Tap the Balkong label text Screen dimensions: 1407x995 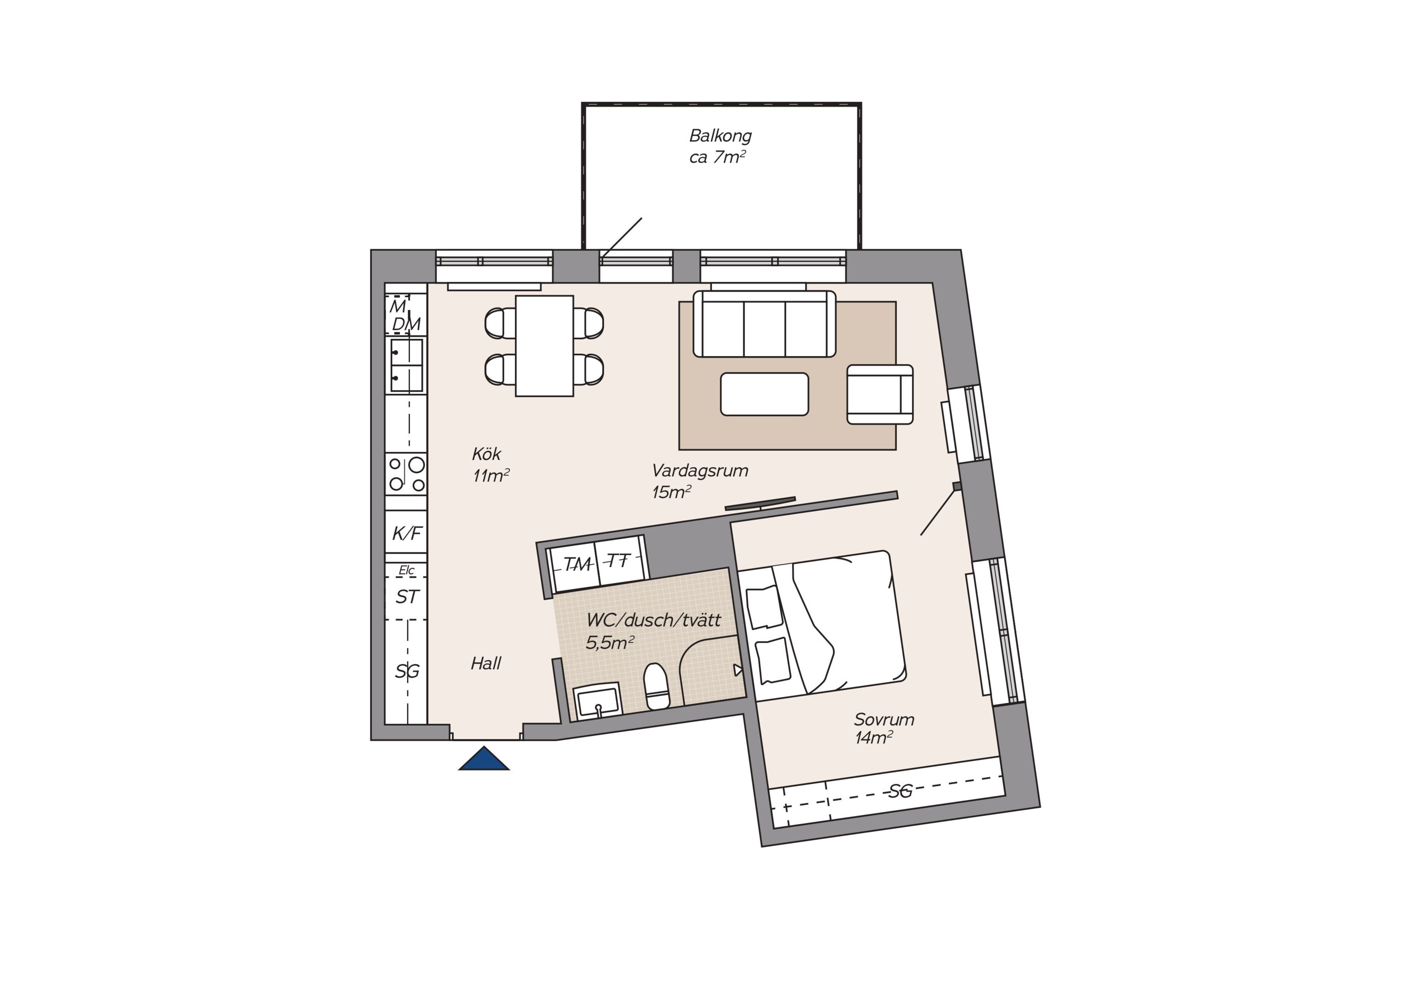(x=720, y=135)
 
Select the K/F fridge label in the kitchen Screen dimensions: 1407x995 (x=407, y=533)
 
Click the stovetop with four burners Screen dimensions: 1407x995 (x=407, y=474)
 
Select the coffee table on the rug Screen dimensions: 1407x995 (x=764, y=394)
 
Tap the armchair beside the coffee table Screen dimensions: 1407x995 (x=880, y=394)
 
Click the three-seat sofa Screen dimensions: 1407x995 (x=764, y=323)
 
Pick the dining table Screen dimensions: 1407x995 (x=544, y=346)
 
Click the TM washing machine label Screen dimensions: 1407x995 (x=577, y=564)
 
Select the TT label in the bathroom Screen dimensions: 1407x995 (x=619, y=560)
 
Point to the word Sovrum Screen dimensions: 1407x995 (x=884, y=719)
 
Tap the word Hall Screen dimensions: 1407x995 (x=486, y=663)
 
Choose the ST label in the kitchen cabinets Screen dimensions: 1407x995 (x=407, y=597)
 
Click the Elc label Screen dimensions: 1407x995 (x=406, y=570)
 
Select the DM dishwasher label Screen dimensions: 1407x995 (x=406, y=324)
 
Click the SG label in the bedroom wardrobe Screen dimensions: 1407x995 (x=900, y=791)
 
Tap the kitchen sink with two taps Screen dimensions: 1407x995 (x=407, y=365)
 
